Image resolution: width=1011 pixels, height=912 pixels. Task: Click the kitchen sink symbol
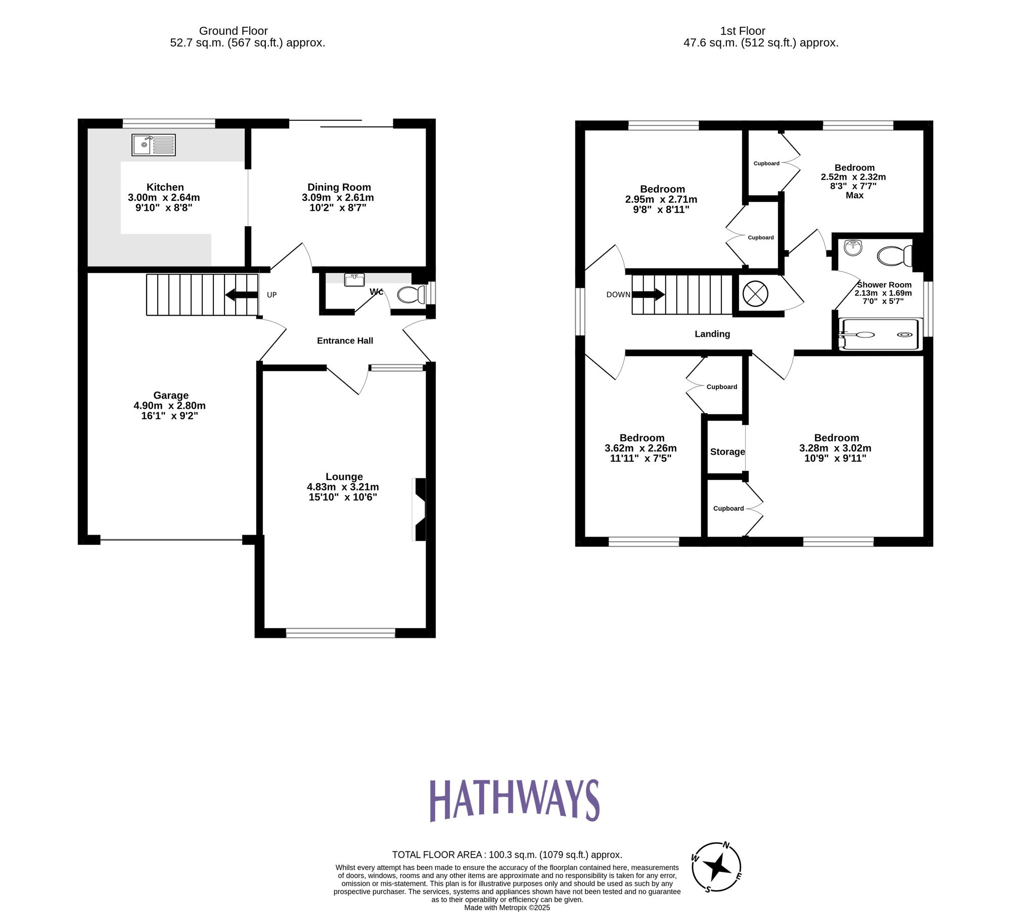(x=154, y=145)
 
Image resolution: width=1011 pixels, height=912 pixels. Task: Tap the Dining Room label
(x=339, y=187)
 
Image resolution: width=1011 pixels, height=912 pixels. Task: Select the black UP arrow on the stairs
(x=242, y=295)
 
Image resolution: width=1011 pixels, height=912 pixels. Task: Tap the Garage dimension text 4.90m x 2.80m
(x=169, y=406)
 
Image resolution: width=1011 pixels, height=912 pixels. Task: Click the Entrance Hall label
(x=345, y=341)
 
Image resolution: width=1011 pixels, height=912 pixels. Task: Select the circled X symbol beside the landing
(x=755, y=294)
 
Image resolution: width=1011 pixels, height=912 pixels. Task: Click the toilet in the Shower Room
(x=895, y=256)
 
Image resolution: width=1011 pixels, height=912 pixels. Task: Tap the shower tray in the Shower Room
(x=880, y=334)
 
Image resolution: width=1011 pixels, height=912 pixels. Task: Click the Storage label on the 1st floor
(x=727, y=452)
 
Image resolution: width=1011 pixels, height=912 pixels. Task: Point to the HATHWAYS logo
(x=514, y=800)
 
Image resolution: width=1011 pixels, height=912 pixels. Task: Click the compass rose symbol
(x=716, y=868)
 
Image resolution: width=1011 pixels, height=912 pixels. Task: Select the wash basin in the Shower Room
(x=854, y=247)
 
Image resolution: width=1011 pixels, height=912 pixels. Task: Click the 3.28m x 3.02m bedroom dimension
(x=835, y=448)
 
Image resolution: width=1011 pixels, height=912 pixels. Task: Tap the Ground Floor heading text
(x=233, y=31)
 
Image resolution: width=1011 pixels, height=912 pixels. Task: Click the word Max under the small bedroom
(x=854, y=195)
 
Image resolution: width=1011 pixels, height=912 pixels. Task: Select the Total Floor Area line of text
(x=507, y=855)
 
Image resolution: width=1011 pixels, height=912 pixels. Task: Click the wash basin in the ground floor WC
(x=354, y=280)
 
